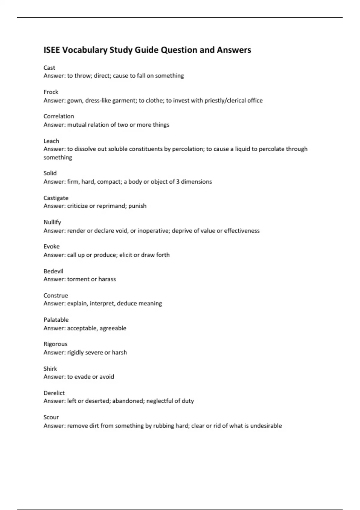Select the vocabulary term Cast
[49, 68]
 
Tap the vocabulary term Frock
[51, 92]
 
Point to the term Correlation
[59, 116]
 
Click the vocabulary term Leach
[51, 141]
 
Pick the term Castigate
[56, 198]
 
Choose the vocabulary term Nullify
[52, 222]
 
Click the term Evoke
[52, 247]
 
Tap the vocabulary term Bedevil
[53, 271]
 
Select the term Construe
[56, 295]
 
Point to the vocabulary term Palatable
[56, 320]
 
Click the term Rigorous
[55, 344]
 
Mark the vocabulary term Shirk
[50, 369]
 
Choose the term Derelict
[54, 393]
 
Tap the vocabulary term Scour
[51, 417]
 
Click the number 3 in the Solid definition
[178, 181]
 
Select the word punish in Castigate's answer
[137, 206]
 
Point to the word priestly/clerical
[225, 100]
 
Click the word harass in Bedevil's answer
[107, 279]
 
